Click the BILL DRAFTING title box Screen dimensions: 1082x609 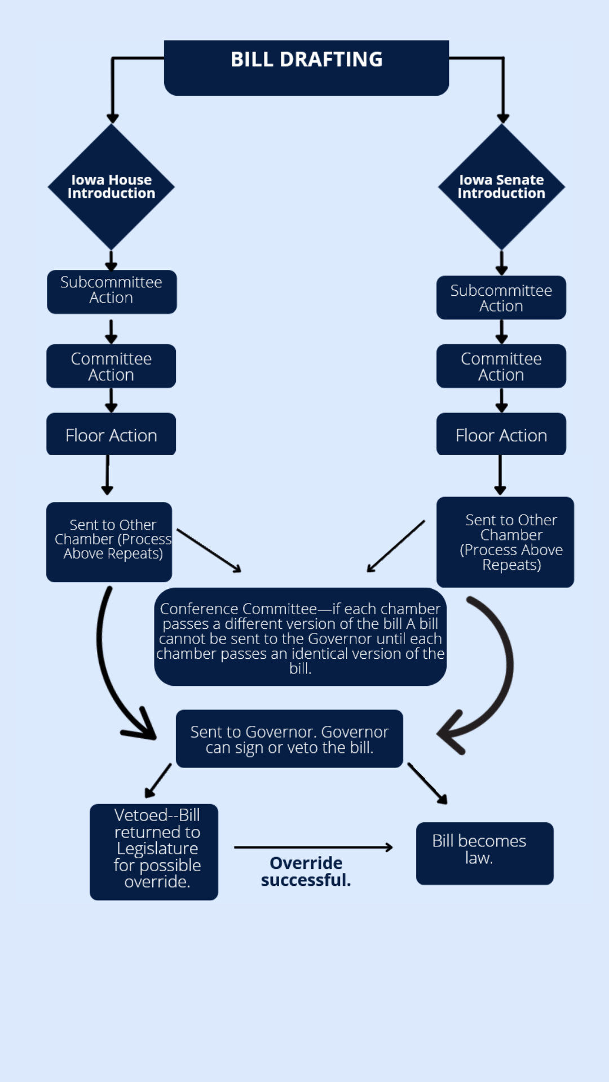tap(306, 68)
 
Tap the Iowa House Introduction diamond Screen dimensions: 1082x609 tap(111, 187)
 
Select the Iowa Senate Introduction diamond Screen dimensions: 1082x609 tap(501, 187)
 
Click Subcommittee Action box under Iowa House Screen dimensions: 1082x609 tap(112, 291)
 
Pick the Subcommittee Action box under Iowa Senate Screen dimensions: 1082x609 tap(501, 298)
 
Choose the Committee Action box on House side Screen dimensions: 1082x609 tap(111, 366)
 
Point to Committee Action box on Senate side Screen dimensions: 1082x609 tap(501, 366)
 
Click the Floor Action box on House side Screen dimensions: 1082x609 tap(111, 434)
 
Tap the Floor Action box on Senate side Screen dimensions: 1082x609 tap(501, 434)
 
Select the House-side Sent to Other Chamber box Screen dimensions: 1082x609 tap(109, 542)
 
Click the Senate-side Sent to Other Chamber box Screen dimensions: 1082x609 tap(505, 542)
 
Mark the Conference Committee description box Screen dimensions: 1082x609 tap(300, 637)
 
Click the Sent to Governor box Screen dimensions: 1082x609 tap(289, 739)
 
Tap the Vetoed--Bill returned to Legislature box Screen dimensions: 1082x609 tap(154, 852)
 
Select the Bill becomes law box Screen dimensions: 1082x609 tap(484, 853)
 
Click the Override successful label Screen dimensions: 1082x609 tap(306, 871)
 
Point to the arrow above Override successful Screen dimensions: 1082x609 tap(314, 847)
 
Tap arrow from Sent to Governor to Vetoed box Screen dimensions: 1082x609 tap(158, 781)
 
